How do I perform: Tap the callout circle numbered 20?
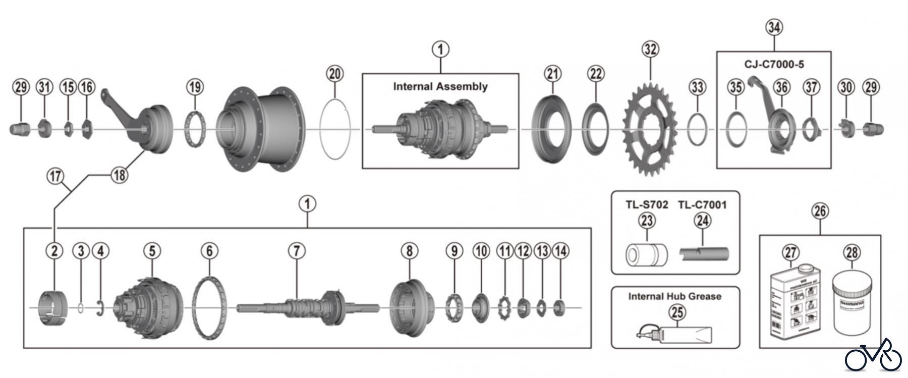(x=335, y=74)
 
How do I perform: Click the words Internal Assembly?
(x=440, y=86)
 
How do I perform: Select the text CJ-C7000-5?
(x=774, y=64)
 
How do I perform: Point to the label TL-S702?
(x=647, y=204)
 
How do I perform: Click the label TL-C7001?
(x=702, y=204)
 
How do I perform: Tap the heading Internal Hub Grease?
(x=674, y=296)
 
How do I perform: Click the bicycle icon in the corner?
(x=873, y=356)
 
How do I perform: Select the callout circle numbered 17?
(x=55, y=176)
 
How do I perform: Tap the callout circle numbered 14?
(x=560, y=250)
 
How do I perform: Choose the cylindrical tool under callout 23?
(x=646, y=255)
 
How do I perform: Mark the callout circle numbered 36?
(x=781, y=87)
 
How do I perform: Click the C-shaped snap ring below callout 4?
(x=100, y=308)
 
